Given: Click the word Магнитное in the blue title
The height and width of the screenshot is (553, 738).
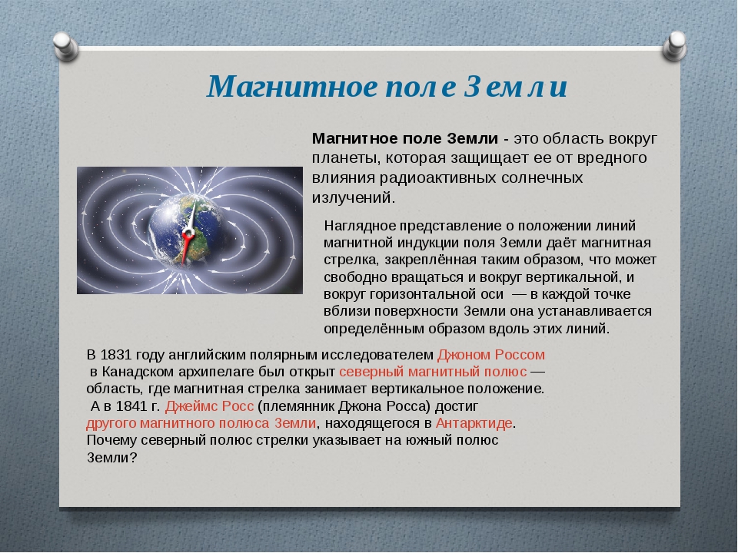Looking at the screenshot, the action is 292,87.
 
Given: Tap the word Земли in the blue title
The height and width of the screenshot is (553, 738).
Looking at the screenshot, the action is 515,87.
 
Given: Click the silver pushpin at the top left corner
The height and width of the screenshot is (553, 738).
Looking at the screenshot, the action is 65,46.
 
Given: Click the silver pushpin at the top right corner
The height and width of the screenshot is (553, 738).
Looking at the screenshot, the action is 674,46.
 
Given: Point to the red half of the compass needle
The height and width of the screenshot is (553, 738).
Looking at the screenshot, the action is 186,248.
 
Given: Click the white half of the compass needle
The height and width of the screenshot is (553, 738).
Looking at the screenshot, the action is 191,217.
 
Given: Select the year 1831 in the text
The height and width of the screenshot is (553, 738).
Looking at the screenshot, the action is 116,355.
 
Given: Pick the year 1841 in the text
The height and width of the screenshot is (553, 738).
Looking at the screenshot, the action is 131,406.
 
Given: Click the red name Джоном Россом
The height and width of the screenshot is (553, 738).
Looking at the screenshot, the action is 491,355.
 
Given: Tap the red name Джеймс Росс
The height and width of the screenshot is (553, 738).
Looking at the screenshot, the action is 209,406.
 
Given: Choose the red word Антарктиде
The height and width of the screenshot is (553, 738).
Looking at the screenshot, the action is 474,423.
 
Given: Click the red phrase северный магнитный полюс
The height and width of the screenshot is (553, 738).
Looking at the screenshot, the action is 433,372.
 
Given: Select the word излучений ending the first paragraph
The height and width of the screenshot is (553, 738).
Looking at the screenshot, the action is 351,197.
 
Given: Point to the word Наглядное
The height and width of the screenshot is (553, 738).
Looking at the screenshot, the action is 360,226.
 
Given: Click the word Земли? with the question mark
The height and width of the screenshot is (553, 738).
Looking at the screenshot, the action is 111,458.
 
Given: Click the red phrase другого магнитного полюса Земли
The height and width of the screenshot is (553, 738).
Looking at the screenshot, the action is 201,423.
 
